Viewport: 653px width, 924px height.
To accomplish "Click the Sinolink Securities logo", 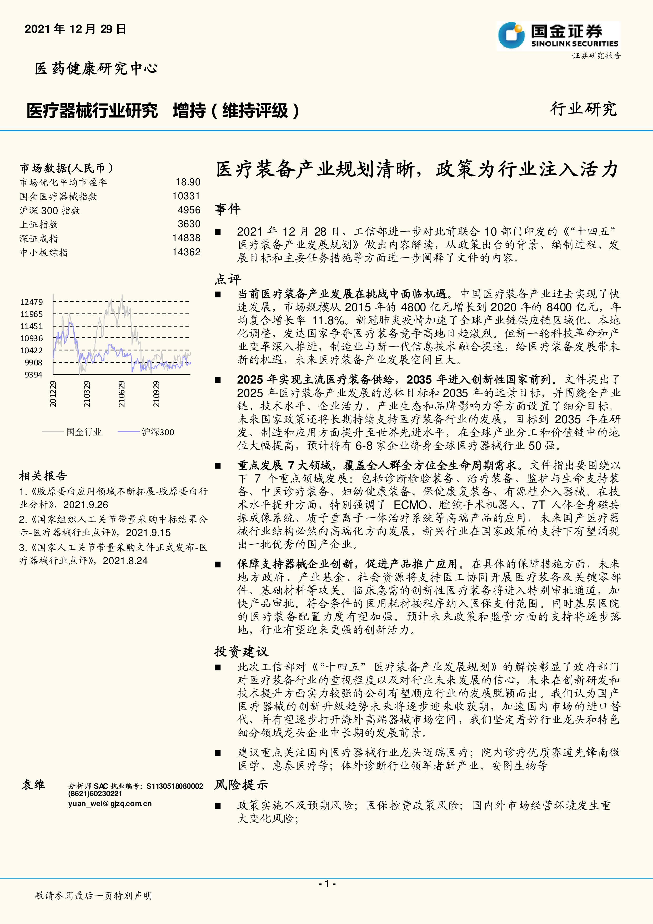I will point(558,36).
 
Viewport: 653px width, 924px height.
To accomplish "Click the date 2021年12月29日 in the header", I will point(76,29).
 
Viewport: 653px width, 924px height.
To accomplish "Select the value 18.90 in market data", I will point(188,182).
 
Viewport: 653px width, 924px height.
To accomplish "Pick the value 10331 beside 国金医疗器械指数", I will point(186,196).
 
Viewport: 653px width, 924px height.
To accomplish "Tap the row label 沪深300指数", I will point(50,211).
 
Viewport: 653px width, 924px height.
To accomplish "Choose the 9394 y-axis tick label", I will point(33,375).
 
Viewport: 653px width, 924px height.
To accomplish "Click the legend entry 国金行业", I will point(84,432).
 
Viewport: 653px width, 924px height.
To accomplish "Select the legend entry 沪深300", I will point(158,432).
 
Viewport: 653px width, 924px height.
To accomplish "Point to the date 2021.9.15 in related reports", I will point(148,533).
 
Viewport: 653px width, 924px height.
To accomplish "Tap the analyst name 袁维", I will point(33,784).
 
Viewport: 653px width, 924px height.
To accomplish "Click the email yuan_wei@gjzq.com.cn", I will point(110,804).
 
